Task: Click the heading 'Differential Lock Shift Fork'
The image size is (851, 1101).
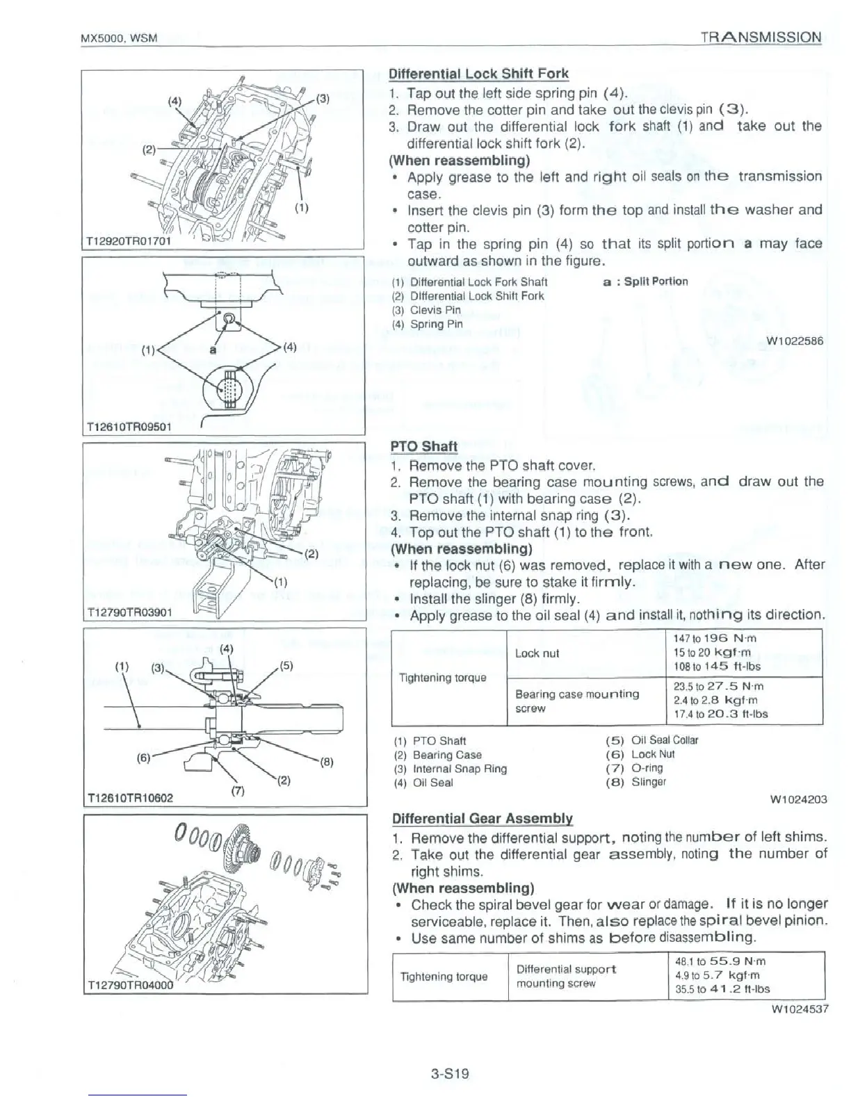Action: click(x=478, y=74)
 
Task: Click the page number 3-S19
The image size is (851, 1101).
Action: click(x=450, y=1073)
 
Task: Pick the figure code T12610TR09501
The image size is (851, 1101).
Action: click(x=127, y=427)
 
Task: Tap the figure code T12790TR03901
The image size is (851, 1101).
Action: click(x=127, y=612)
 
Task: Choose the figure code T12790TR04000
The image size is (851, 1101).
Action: click(x=129, y=985)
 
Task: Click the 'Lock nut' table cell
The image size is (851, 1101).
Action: click(x=537, y=653)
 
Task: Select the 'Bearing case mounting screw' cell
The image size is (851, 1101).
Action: click(x=577, y=701)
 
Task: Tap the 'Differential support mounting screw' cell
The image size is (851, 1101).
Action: click(x=566, y=976)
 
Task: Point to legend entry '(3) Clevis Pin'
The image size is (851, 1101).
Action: click(x=426, y=310)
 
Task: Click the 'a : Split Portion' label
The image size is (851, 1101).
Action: click(x=645, y=281)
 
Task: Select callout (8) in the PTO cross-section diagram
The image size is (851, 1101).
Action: click(x=328, y=761)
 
